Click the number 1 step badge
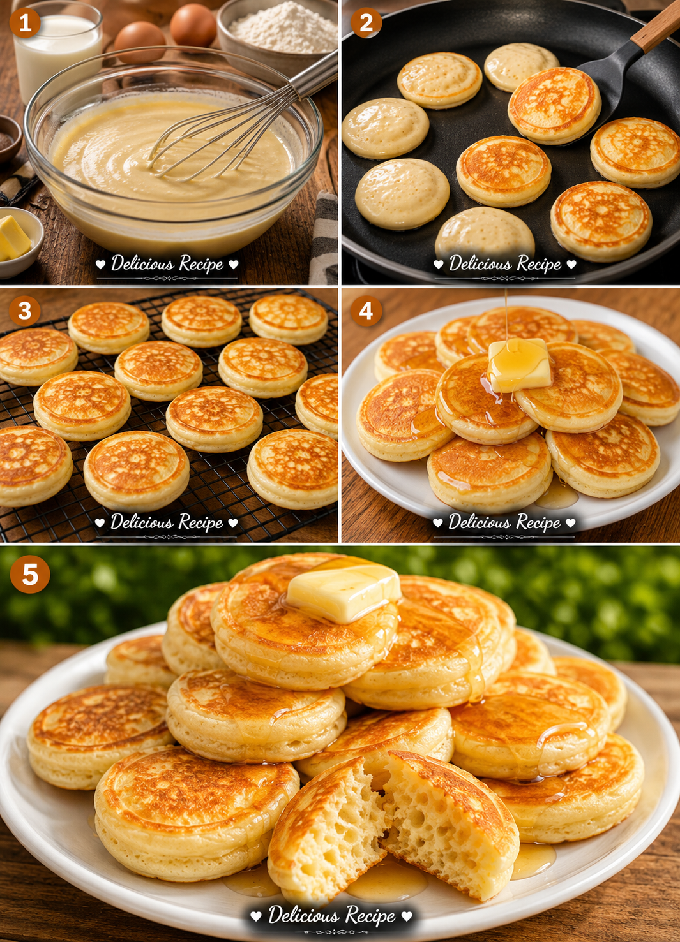[25, 22]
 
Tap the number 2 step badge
[366, 22]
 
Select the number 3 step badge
[24, 311]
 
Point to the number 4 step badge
[366, 311]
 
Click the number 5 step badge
[30, 574]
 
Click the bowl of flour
[278, 34]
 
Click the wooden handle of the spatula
[656, 27]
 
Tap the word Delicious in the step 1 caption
[142, 263]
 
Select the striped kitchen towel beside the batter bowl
[323, 238]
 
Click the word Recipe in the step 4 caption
[538, 523]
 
